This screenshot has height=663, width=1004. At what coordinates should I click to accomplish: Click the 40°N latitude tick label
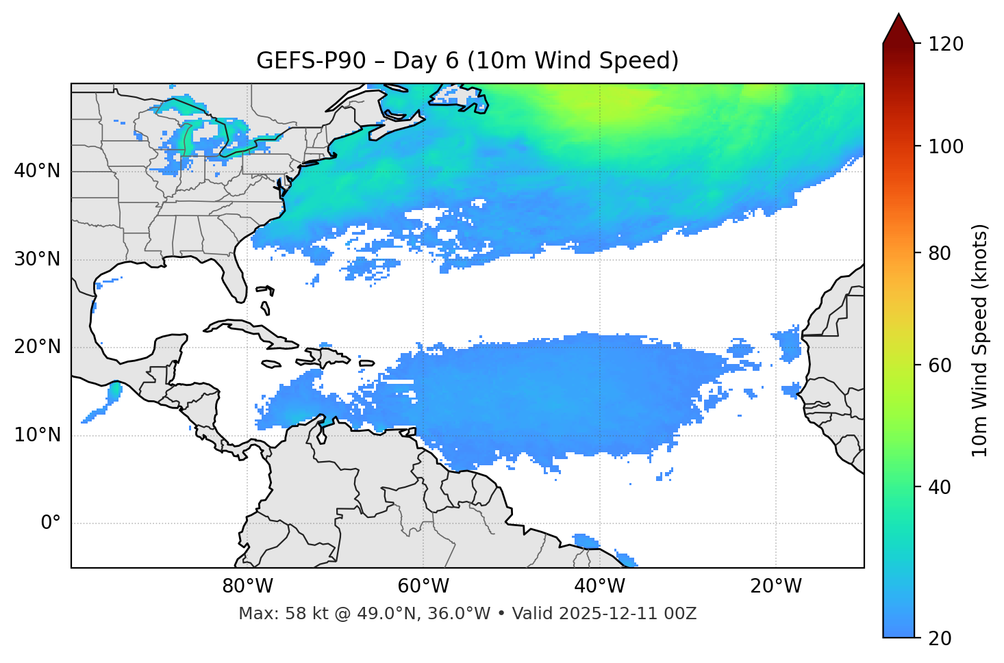coord(37,171)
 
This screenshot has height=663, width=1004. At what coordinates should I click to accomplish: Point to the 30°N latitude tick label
coord(37,259)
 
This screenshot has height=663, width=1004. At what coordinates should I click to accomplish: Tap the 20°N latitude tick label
coord(37,347)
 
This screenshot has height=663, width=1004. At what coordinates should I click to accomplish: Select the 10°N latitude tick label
coord(37,435)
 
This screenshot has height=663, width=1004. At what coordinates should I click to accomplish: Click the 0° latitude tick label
coord(51,523)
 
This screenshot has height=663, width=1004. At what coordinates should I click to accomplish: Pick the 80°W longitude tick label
coord(247,586)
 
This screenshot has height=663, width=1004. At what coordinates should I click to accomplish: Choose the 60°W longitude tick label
coord(423,586)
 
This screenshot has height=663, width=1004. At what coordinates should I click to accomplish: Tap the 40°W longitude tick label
coord(600,586)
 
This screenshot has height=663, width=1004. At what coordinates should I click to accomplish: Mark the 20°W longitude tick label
coord(776,586)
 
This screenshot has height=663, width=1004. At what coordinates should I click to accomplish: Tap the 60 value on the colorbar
coord(939,365)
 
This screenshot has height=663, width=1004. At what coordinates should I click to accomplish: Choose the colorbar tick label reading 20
coord(939,638)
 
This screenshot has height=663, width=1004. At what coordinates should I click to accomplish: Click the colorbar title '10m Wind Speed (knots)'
coord(980,340)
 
